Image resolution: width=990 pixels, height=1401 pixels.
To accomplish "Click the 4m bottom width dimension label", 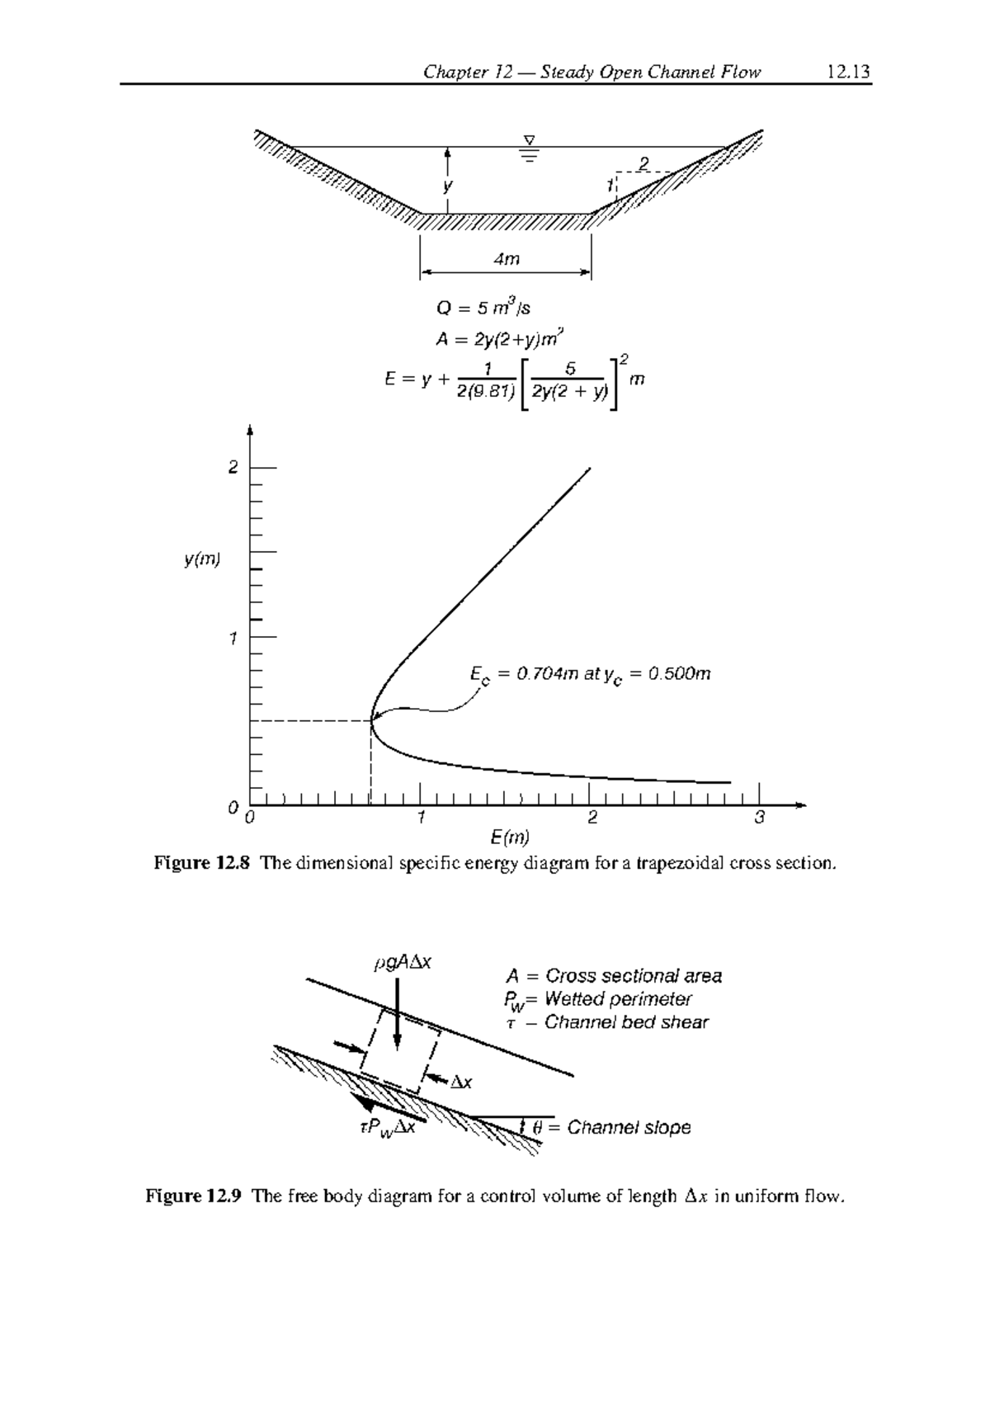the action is [x=506, y=259].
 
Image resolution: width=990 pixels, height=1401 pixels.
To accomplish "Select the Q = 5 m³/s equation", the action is [x=483, y=309].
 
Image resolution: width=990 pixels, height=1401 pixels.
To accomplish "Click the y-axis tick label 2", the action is [x=233, y=468].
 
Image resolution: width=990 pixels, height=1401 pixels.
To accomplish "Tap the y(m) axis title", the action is [x=202, y=560].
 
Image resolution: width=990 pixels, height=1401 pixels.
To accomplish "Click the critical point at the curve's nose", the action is [x=372, y=720].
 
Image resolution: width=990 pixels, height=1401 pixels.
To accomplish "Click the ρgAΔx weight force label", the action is [x=403, y=962].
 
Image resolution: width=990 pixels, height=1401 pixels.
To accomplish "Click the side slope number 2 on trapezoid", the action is [x=643, y=161].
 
